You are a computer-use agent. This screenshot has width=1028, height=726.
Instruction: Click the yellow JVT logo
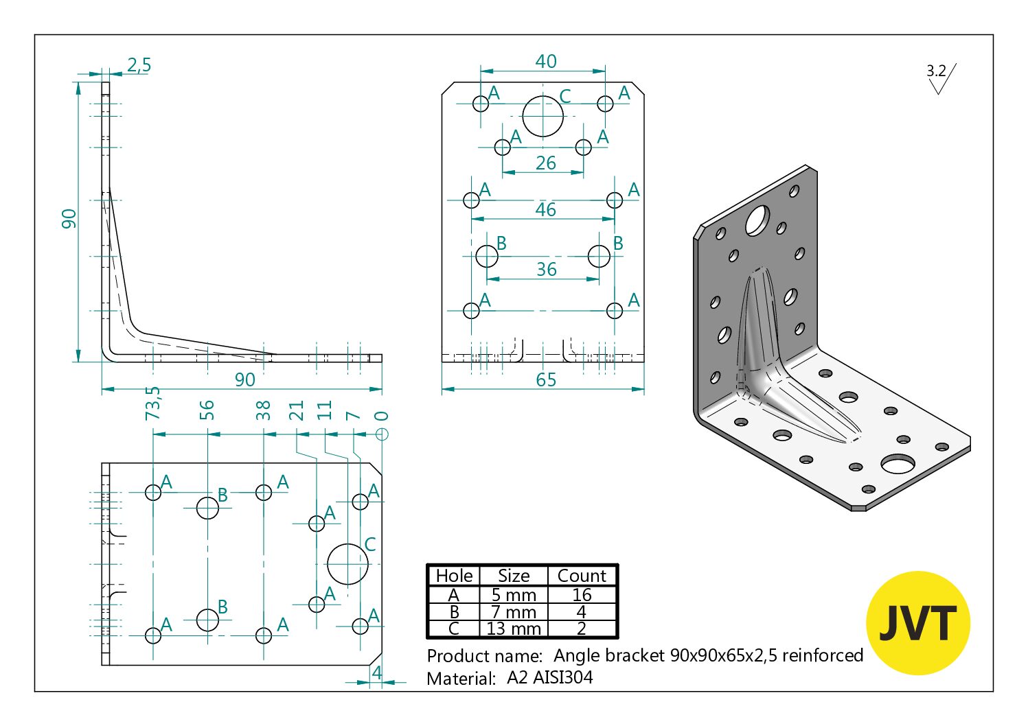tap(917, 622)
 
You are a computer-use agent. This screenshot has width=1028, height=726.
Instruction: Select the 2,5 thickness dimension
tap(139, 65)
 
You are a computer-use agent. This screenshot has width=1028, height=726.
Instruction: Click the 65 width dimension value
tap(546, 379)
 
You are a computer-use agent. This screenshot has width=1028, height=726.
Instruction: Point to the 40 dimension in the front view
tap(546, 61)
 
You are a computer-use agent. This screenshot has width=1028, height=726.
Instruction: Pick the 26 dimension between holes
tap(546, 163)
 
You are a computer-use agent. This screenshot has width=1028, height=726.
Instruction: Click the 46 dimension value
tap(546, 209)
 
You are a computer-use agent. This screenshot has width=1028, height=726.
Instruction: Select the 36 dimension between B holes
tap(546, 269)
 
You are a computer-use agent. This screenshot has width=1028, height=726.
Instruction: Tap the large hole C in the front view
tap(542, 116)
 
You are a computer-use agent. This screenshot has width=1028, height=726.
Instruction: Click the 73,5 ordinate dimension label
tap(152, 403)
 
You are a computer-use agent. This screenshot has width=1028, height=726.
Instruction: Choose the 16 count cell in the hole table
tap(582, 595)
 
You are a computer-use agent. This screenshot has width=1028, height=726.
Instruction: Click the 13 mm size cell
tap(513, 629)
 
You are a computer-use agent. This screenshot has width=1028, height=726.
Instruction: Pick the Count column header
tap(582, 576)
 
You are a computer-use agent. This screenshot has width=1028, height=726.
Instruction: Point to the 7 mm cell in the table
tap(513, 612)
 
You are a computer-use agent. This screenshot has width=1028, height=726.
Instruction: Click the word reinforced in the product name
tap(822, 655)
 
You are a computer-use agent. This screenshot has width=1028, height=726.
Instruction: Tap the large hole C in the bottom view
tap(347, 564)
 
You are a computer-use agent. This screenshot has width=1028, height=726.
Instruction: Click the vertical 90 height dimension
tap(69, 219)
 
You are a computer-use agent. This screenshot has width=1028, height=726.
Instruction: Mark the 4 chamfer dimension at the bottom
tap(376, 672)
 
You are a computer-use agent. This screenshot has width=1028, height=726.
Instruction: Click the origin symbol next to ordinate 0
tap(382, 434)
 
